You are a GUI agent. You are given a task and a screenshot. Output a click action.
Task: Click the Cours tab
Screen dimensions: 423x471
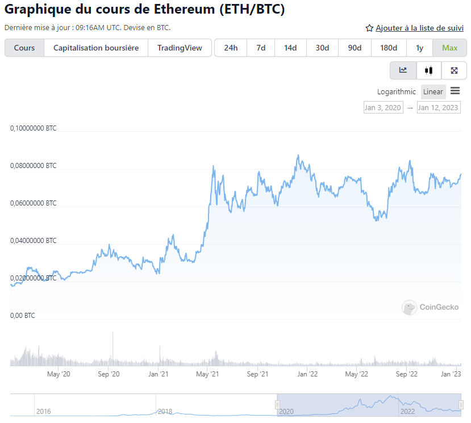pyautogui.click(x=24, y=48)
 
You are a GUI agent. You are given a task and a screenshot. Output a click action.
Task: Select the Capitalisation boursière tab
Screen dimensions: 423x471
pyautogui.click(x=96, y=48)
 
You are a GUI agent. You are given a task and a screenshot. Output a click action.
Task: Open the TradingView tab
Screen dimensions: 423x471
pyautogui.click(x=180, y=48)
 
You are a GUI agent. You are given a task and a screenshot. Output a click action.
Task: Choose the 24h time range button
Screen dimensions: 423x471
pyautogui.click(x=231, y=48)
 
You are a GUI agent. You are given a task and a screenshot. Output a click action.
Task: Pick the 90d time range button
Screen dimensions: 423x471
pyautogui.click(x=355, y=48)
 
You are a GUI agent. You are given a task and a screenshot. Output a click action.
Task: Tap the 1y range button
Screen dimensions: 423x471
pyautogui.click(x=419, y=48)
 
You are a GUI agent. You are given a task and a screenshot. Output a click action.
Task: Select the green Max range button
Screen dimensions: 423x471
pyautogui.click(x=449, y=48)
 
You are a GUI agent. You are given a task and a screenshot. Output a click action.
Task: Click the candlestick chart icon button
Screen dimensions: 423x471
pyautogui.click(x=428, y=70)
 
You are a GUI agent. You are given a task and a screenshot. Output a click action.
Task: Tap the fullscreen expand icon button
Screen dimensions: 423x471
pyautogui.click(x=454, y=70)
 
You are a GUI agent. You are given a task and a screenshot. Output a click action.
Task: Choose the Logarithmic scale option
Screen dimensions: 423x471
pyautogui.click(x=397, y=92)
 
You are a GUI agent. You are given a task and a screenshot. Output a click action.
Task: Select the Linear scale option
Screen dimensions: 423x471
pyautogui.click(x=433, y=92)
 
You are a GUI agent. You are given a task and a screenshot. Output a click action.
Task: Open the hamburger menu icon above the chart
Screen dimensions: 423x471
pyautogui.click(x=455, y=91)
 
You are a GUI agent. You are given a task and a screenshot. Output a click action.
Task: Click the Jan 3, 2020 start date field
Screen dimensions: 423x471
pyautogui.click(x=383, y=107)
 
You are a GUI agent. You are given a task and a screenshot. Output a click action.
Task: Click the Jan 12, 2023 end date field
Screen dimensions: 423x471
pyautogui.click(x=438, y=107)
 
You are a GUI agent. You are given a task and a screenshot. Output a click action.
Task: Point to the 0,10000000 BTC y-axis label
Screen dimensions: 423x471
pyautogui.click(x=34, y=129)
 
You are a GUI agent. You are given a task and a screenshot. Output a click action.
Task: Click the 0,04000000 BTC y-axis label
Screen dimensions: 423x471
pyautogui.click(x=34, y=241)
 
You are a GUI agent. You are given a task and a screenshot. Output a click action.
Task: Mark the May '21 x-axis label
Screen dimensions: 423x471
pyautogui.click(x=208, y=374)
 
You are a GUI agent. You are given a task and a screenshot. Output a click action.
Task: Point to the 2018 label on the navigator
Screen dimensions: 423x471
pyautogui.click(x=165, y=411)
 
